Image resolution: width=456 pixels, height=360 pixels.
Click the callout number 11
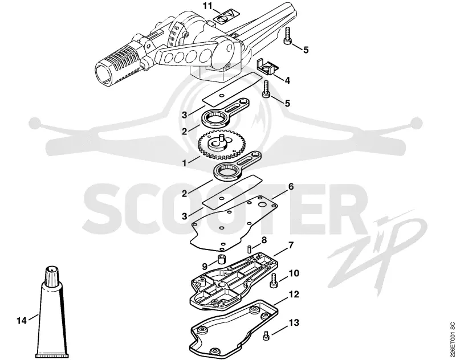tap(208, 6)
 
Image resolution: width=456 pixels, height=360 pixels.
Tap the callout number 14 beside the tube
tap(22, 321)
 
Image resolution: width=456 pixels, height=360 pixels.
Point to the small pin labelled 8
tap(250, 249)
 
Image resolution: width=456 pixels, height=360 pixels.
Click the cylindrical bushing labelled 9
tap(222, 259)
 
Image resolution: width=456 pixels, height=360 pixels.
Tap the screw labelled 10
tap(274, 280)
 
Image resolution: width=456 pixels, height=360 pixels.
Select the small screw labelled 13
tap(266, 336)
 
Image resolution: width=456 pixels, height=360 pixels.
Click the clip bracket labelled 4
tap(267, 67)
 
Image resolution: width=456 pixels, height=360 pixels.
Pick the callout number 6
tap(290, 186)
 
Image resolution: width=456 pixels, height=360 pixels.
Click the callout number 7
tap(290, 246)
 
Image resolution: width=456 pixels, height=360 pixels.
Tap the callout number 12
tap(294, 294)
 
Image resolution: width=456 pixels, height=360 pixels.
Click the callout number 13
tap(294, 322)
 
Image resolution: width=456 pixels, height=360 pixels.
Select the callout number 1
tap(184, 163)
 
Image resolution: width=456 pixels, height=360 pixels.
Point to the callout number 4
tap(287, 80)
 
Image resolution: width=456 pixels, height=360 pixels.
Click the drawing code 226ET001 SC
tap(451, 339)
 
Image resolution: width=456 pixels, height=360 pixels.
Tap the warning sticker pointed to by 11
tap(225, 18)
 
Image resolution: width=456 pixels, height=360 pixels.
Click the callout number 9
tap(205, 266)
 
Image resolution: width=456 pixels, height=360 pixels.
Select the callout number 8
tap(264, 240)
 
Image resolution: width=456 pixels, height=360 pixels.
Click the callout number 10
tap(294, 273)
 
